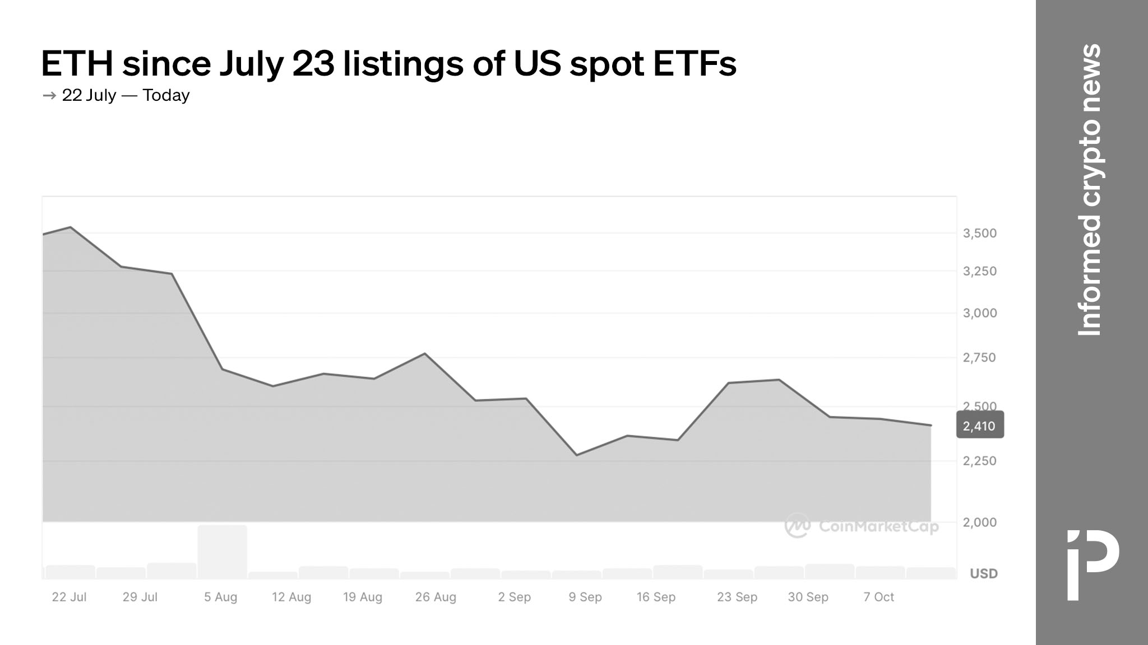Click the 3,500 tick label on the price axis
tap(979, 233)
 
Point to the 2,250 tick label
tap(979, 461)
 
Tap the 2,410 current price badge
tap(979, 426)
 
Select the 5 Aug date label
tap(220, 597)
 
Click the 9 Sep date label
tap(585, 597)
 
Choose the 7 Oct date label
tap(878, 597)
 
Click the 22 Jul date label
tap(69, 597)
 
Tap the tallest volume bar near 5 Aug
tap(222, 551)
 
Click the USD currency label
tap(984, 573)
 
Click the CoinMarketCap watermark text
tap(878, 526)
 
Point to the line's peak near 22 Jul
tap(70, 227)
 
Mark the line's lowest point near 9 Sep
tap(577, 455)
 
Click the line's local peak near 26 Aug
tap(424, 353)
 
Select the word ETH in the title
tap(77, 64)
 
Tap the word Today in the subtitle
tap(166, 95)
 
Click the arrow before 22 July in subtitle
tap(49, 96)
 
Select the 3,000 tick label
tap(979, 314)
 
